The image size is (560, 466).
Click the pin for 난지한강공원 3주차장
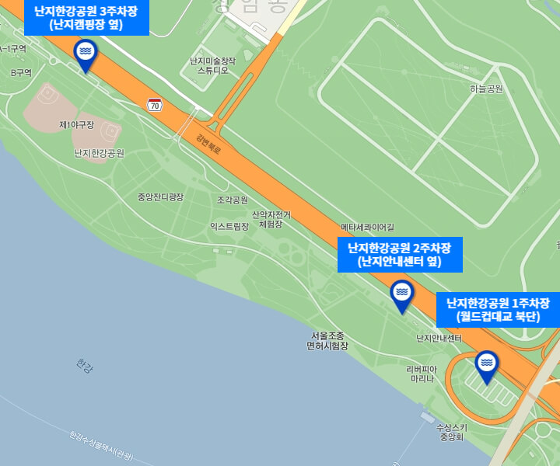click(x=86, y=53)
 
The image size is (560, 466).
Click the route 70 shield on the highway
click(x=156, y=104)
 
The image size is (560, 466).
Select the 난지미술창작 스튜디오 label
click(x=212, y=65)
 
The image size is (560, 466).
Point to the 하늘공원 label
click(x=486, y=89)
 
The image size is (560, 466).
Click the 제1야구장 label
click(x=76, y=125)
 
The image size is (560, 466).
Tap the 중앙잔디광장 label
click(x=160, y=197)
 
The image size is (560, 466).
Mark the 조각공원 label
click(x=233, y=200)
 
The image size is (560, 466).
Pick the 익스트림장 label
click(x=229, y=226)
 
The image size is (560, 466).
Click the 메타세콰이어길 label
click(x=368, y=228)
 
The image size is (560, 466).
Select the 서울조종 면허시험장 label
click(x=327, y=341)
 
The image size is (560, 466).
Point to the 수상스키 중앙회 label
click(x=451, y=432)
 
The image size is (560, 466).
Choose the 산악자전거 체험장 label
click(x=271, y=219)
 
